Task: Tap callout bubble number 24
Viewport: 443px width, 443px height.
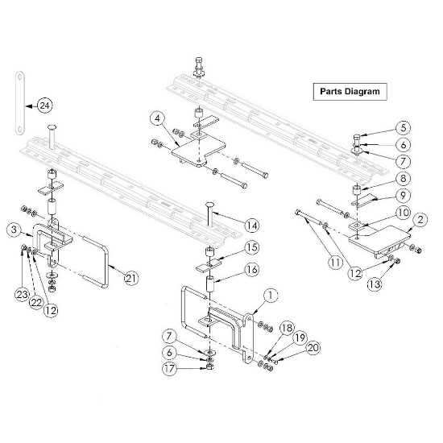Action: click(44, 106)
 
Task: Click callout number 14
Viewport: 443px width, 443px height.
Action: click(252, 226)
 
